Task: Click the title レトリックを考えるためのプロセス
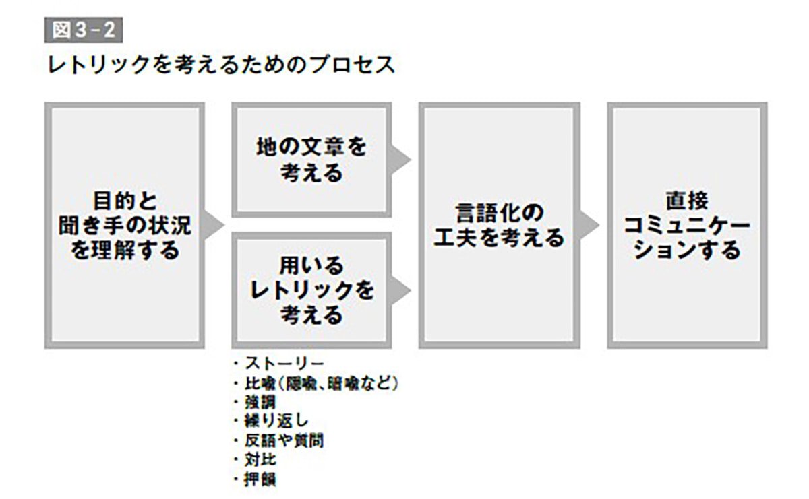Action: point(220,65)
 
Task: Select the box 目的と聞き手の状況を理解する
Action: point(125,225)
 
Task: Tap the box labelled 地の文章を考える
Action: point(311,160)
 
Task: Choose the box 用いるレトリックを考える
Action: point(311,290)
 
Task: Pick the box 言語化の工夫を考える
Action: point(498,225)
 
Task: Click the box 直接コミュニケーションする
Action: point(686,225)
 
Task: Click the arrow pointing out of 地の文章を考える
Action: point(402,160)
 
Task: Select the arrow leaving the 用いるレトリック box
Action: point(402,290)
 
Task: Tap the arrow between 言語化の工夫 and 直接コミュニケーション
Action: point(590,225)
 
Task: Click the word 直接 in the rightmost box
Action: point(686,200)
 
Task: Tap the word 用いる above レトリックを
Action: point(311,265)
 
